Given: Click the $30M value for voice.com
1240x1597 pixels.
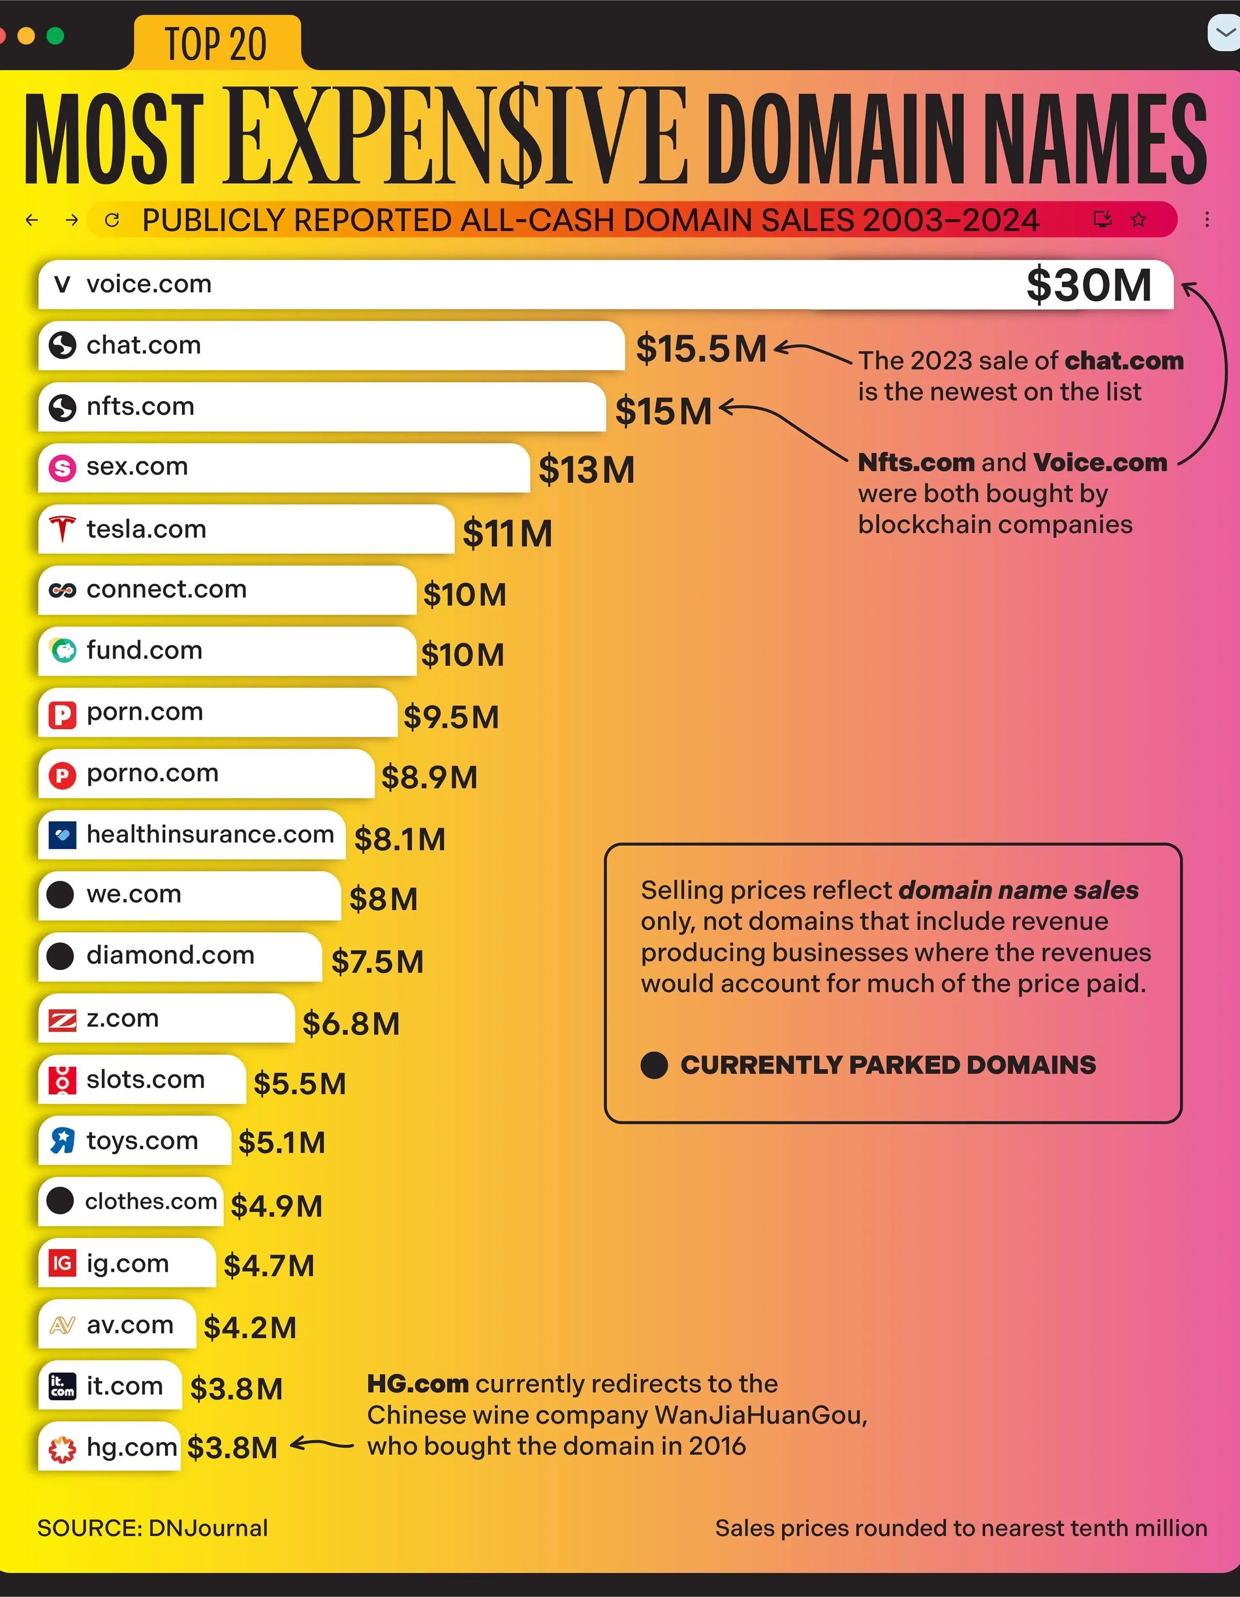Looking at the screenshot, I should coord(1088,285).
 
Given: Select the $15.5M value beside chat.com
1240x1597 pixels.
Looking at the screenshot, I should coord(701,349).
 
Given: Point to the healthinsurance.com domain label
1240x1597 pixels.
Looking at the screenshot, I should coord(210,834).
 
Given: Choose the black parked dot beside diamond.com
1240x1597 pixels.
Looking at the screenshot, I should coord(60,955).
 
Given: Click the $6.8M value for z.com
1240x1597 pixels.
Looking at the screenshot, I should coord(351,1024).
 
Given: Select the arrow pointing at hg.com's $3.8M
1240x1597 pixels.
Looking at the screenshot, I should coord(322,1445).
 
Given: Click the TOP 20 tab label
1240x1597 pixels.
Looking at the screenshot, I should coord(215,44).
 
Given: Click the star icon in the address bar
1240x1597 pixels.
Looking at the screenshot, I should coord(1138,219).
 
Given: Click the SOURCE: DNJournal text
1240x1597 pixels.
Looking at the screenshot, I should coord(152,1528).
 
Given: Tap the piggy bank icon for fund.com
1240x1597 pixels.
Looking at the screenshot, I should coord(63,650).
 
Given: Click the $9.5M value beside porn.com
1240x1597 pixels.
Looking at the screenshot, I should coord(451,717).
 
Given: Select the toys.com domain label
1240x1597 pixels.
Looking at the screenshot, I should coord(142,1141).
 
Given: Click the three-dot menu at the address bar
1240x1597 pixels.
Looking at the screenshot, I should coord(1207,219).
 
